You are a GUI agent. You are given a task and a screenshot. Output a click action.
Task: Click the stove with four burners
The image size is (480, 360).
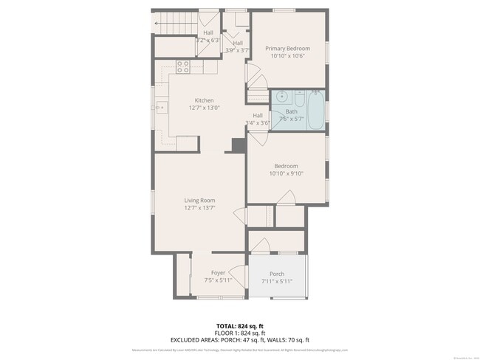[x=183, y=68]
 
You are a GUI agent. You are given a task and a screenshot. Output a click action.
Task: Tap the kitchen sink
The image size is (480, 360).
[x=160, y=108]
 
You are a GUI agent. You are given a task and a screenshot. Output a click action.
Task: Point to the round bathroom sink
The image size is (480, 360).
[x=281, y=97]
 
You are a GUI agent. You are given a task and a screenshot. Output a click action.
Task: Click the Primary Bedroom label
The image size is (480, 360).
[x=287, y=49]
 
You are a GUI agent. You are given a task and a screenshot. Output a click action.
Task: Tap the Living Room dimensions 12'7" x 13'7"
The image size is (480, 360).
[x=199, y=207]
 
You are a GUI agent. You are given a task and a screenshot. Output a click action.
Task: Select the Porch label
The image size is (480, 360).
[x=276, y=274]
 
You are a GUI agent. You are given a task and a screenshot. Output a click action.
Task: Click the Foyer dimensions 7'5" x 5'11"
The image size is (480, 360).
[x=218, y=280]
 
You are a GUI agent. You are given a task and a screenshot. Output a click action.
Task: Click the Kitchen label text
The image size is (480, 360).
[x=204, y=100]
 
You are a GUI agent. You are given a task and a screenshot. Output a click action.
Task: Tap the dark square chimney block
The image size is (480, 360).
[x=239, y=145]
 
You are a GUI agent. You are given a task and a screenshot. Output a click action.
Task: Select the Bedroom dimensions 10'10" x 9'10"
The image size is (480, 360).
[x=287, y=173]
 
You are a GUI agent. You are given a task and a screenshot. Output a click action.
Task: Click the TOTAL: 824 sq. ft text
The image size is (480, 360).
[x=239, y=325]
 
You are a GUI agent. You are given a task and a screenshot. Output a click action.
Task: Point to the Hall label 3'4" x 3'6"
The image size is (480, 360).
[x=258, y=123]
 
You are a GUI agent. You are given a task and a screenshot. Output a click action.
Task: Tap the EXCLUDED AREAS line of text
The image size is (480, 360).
[x=239, y=339]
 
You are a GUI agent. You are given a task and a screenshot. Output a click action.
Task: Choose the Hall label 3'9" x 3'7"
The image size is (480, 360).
[x=238, y=50]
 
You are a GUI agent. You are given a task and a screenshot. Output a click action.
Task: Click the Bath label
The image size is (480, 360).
[x=292, y=111]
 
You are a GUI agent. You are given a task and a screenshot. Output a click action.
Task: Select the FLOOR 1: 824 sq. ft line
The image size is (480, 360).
[x=239, y=332]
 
